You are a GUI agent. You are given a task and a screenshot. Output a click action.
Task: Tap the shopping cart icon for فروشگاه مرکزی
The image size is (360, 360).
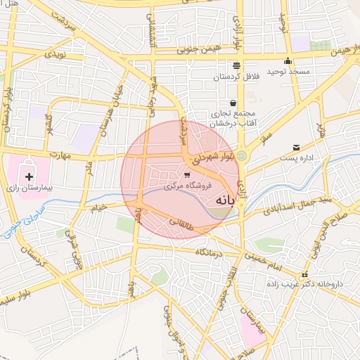pos(186,175)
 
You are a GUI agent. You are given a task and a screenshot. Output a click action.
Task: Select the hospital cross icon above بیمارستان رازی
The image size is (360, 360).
pos(29,176)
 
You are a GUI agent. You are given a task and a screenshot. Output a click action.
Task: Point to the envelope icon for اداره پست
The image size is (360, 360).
pos(296,148)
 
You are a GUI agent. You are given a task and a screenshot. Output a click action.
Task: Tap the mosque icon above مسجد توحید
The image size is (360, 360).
pos(288,60)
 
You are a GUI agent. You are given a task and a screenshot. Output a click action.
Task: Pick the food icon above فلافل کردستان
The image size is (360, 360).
pos(236,65)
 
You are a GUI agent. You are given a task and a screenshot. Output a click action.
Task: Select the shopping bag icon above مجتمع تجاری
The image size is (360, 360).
pos(232,103)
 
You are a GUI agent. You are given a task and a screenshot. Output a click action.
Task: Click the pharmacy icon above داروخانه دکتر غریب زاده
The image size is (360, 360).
pos(304,275)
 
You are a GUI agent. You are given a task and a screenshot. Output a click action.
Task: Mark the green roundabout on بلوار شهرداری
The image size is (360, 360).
pos(242,155)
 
